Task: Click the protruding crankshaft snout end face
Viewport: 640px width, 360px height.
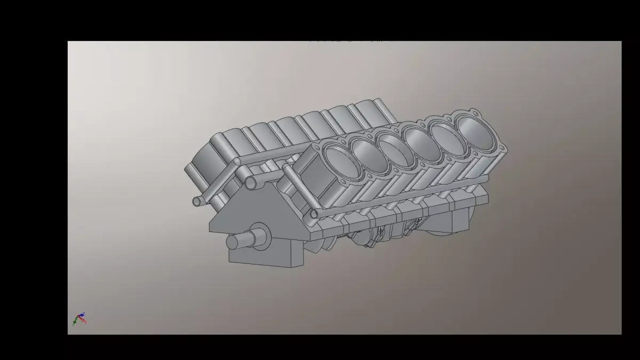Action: (233, 242)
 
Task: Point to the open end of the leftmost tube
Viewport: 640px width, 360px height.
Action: (197, 201)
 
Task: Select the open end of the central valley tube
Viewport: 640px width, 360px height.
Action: (251, 183)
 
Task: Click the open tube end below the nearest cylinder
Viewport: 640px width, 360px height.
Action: (314, 214)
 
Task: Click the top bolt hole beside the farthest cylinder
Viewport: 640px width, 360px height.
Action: (474, 113)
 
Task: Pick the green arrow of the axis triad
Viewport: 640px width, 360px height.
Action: (76, 321)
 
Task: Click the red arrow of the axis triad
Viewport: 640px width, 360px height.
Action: (84, 321)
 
